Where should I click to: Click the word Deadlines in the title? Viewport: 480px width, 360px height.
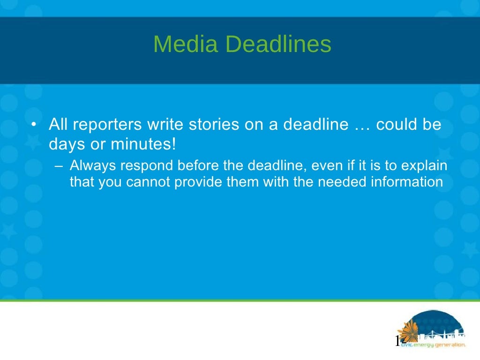tap(277, 45)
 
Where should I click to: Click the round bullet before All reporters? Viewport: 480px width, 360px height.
tap(34, 125)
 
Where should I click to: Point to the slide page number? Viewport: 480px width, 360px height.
tap(399, 341)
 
